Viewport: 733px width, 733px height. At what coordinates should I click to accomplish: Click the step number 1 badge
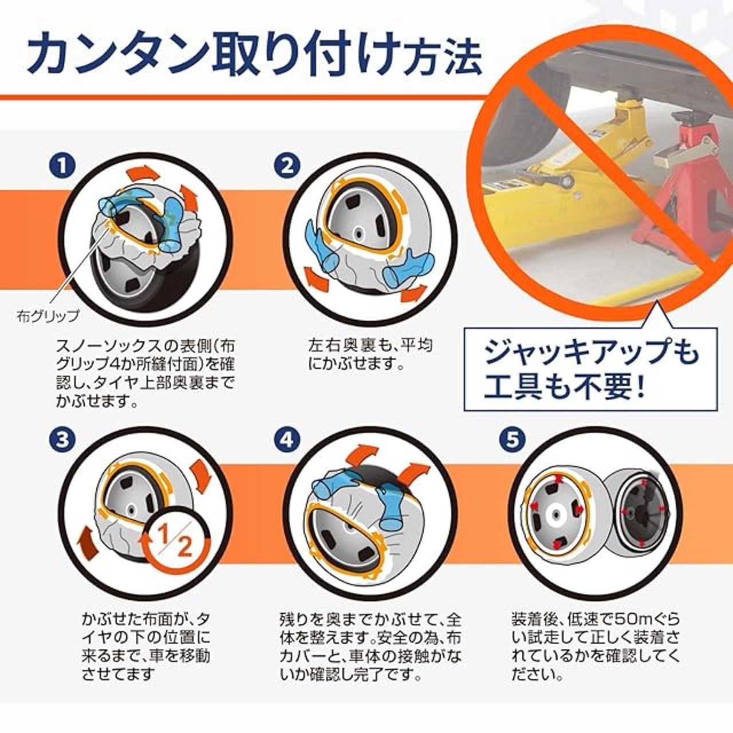pyautogui.click(x=62, y=166)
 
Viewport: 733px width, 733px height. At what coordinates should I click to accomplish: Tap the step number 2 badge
pyautogui.click(x=287, y=166)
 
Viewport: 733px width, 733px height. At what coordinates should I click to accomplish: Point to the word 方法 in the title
pyautogui.click(x=443, y=58)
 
